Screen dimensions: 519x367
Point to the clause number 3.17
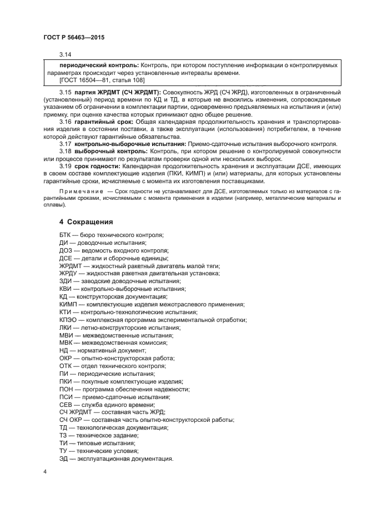point(66,143)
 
